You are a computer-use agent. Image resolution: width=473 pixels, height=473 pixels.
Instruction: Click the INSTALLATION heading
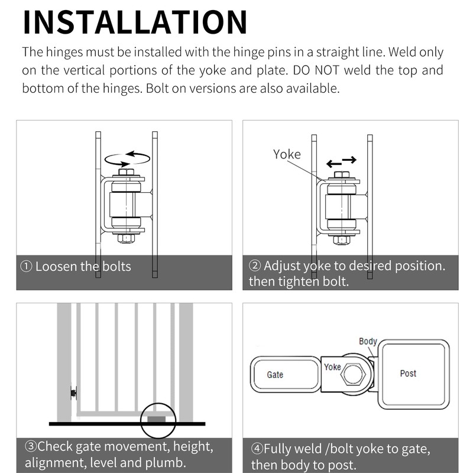tap(135, 22)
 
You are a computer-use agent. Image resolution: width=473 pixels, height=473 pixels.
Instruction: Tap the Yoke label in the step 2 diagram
tap(287, 154)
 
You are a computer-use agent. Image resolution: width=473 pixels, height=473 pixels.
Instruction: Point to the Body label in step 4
tap(368, 342)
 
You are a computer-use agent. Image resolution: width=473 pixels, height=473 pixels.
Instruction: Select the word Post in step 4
tap(408, 374)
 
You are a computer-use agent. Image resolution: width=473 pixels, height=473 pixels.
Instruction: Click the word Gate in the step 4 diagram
tap(275, 375)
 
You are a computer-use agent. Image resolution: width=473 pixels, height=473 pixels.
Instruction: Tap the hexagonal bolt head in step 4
tap(353, 374)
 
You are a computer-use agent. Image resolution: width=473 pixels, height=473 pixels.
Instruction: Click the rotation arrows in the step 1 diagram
tap(127, 158)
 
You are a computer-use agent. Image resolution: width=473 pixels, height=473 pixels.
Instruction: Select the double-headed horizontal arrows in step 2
tap(342, 161)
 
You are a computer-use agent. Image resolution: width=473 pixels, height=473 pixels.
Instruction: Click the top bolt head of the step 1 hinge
tap(126, 172)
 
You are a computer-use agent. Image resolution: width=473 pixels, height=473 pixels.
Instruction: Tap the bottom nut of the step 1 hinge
tap(126, 238)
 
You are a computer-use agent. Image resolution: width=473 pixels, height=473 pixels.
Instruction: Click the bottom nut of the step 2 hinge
tap(342, 241)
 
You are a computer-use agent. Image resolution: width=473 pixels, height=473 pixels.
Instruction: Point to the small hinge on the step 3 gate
tap(73, 393)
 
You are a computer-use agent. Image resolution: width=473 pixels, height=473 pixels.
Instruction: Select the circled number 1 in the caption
tap(26, 267)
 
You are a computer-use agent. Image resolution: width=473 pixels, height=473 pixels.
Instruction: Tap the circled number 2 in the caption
tap(255, 265)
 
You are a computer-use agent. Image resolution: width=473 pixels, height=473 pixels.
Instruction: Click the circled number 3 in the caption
tap(31, 446)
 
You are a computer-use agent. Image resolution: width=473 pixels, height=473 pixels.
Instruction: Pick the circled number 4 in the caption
tap(257, 449)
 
